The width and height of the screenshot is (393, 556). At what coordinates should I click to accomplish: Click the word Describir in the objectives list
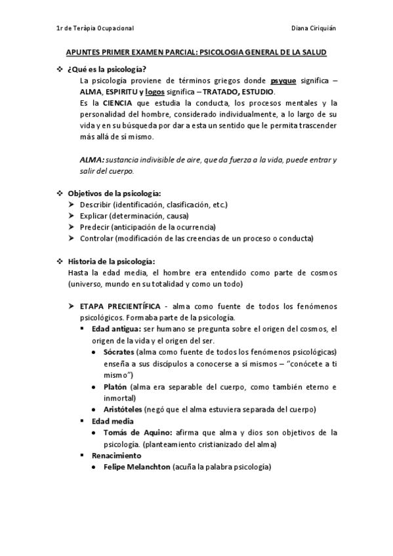(94, 205)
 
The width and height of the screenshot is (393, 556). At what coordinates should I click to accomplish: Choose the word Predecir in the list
(93, 227)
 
